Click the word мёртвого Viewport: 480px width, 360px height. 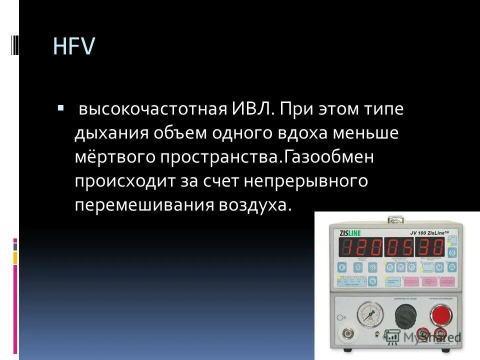coord(114,158)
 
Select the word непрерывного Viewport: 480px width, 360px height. coord(306,181)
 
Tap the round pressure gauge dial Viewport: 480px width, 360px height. coord(370,313)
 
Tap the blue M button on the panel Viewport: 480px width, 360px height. coord(439,267)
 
